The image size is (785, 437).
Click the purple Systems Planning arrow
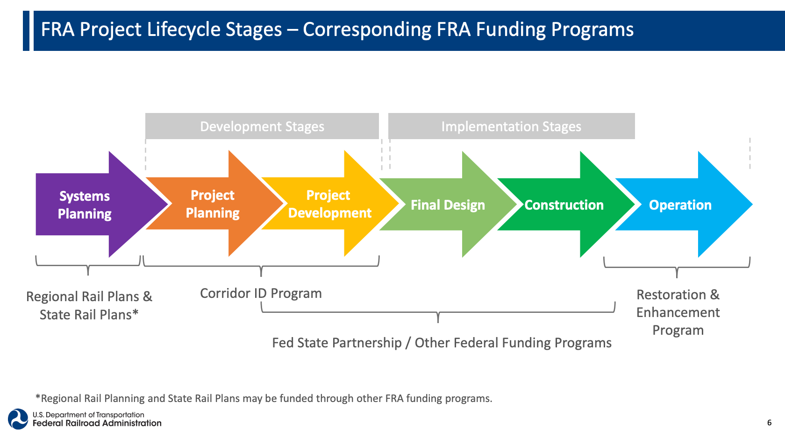85,204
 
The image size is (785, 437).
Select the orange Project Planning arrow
213,204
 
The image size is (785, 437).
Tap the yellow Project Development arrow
329,204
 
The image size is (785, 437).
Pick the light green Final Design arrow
448,205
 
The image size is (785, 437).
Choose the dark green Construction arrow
564,205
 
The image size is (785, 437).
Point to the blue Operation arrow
680,205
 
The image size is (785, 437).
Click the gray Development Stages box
262,126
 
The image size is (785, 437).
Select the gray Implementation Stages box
511,126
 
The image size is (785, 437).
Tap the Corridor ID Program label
261,293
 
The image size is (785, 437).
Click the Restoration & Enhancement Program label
678,312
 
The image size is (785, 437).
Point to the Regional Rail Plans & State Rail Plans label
89,305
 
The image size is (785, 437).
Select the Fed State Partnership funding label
442,343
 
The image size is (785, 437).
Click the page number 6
769,423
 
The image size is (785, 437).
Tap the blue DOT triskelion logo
18,419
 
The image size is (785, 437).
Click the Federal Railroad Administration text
97,423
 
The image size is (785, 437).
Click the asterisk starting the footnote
38,397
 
